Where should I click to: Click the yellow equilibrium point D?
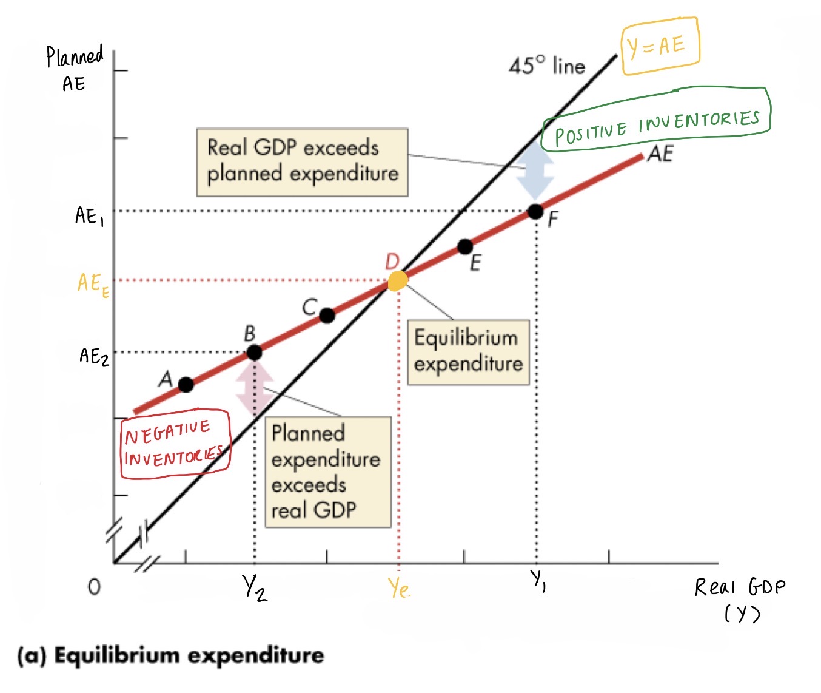pos(398,281)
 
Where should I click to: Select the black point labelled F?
pos(535,212)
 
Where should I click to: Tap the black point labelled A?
pos(186,385)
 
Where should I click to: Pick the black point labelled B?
pos(255,353)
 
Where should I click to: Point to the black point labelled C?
pos(327,316)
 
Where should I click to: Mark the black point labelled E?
pos(465,247)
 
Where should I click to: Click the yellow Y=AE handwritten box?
pos(660,46)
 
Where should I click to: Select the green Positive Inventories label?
pos(657,126)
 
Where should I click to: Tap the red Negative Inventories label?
pos(175,444)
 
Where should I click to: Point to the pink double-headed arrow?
pos(255,388)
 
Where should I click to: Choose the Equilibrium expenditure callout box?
pos(467,352)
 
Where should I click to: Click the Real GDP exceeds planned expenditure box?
pos(302,161)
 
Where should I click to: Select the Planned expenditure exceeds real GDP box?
pos(327,472)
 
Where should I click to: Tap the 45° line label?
pos(547,66)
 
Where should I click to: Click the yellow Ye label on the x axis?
pos(399,588)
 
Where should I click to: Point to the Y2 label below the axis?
pos(255,588)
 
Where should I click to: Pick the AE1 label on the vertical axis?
pos(89,216)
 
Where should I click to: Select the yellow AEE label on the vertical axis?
pos(93,283)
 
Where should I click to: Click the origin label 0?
pos(94,587)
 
